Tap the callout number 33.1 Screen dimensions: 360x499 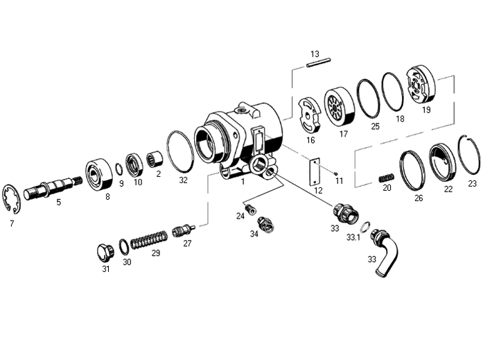coord(353,237)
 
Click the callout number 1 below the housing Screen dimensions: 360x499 coord(243,181)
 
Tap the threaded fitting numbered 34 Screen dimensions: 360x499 coord(265,223)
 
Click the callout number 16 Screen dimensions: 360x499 coord(310,139)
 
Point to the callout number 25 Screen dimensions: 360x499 coord(375,127)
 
